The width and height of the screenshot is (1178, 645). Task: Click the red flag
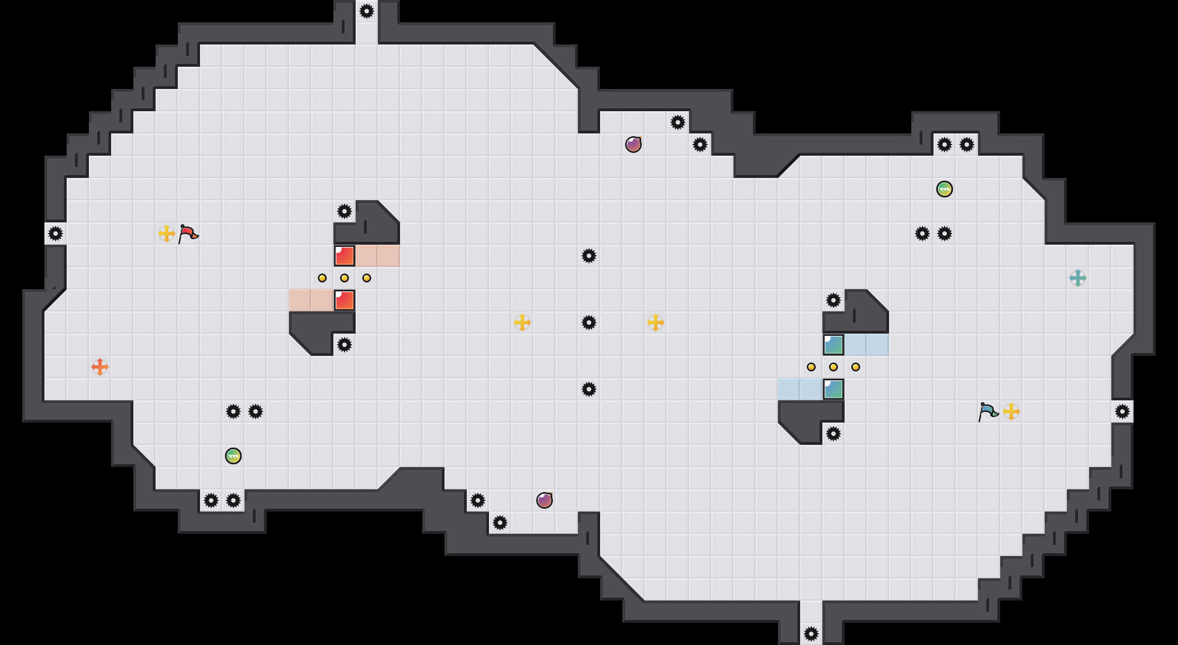point(188,234)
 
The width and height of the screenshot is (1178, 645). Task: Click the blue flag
point(988,411)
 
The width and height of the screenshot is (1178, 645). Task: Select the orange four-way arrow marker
point(100,367)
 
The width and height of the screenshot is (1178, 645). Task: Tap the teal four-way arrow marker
point(1078,278)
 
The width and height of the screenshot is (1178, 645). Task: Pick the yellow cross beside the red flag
point(167,234)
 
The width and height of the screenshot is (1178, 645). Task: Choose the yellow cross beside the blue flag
point(1011,411)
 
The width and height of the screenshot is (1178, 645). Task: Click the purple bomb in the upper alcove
point(633,145)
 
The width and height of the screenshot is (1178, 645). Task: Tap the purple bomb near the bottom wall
point(545,500)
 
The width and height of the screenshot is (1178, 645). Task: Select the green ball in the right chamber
point(945,189)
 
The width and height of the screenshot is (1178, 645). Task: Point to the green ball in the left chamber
point(233,456)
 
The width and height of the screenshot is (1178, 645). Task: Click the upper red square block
point(345,256)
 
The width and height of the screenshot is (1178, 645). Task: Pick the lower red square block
point(345,300)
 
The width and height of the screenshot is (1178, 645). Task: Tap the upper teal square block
point(833,345)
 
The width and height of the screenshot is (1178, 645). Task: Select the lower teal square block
point(833,389)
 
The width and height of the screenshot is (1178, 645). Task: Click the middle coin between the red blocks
point(345,278)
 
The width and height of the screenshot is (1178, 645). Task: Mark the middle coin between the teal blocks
point(833,367)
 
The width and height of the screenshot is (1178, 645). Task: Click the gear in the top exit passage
point(367,11)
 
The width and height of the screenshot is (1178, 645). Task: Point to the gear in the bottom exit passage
point(811,634)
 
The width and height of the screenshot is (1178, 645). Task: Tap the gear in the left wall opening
point(56,234)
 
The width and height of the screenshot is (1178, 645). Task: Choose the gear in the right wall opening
point(1122,411)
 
